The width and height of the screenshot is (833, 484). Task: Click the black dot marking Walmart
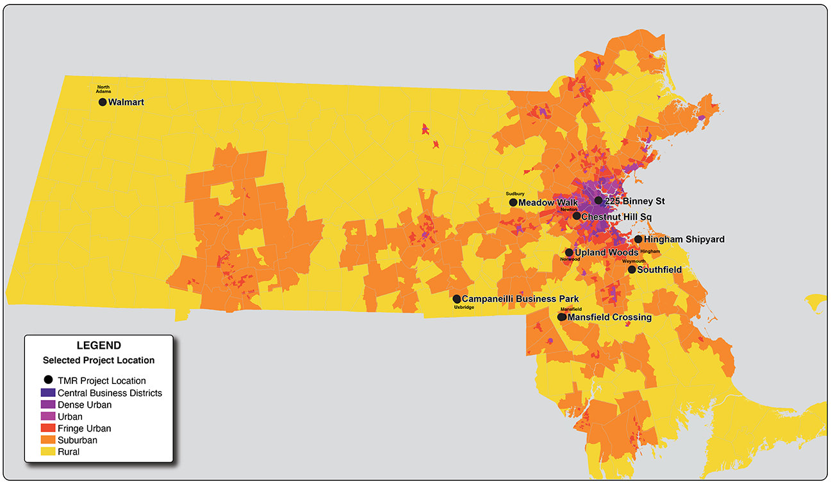[x=103, y=102]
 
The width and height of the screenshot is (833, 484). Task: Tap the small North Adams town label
[x=104, y=89]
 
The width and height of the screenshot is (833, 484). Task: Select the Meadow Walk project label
[x=548, y=203]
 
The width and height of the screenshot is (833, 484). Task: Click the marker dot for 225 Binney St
[x=598, y=201]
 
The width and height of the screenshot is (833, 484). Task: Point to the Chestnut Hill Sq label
[x=616, y=217]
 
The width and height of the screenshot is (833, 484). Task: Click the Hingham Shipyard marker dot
[x=638, y=239]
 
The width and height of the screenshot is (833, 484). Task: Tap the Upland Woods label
[x=606, y=253]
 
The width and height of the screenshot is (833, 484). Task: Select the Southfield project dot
[x=632, y=270]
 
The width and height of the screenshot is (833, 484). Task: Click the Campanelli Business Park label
[x=520, y=299]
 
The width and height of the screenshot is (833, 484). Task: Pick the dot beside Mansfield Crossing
[x=562, y=317]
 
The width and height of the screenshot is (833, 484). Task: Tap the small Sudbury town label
[x=515, y=194]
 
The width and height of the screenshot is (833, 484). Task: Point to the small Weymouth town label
[x=634, y=262]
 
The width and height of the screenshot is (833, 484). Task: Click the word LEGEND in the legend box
[x=99, y=346]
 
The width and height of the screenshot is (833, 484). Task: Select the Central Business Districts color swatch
[x=48, y=393]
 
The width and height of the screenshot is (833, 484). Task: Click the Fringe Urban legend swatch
[x=48, y=428]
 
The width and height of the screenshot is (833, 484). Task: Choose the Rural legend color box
[x=48, y=452]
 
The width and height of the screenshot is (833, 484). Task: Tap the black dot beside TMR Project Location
[x=48, y=380]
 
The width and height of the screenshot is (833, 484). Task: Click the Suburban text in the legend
[x=78, y=440]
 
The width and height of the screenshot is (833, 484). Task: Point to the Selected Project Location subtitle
[x=99, y=360]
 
